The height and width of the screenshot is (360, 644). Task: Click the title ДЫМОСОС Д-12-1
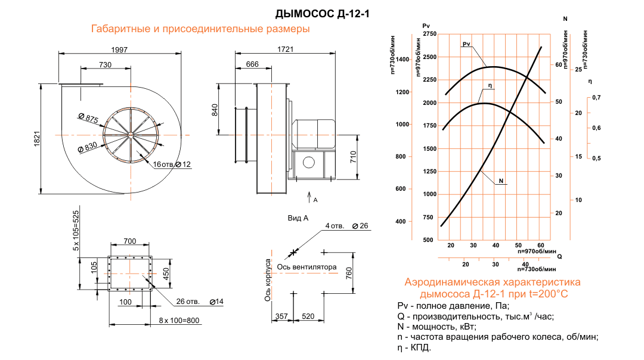(x=322, y=14)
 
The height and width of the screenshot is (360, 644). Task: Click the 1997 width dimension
(x=119, y=49)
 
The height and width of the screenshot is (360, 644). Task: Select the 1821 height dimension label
(x=37, y=139)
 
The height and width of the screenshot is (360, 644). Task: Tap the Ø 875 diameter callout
(x=88, y=118)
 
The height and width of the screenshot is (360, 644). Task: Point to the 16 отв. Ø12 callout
(x=172, y=164)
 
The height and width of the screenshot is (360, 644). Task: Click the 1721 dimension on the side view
(x=286, y=49)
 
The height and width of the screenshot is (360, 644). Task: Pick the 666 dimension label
(x=252, y=64)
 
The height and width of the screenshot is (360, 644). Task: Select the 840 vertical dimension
(x=215, y=110)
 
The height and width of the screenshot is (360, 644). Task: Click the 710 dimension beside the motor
(x=353, y=157)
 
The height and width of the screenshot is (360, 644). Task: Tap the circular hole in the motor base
(x=308, y=163)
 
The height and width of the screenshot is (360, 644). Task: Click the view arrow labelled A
(x=309, y=197)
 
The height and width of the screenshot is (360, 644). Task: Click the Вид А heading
(x=298, y=218)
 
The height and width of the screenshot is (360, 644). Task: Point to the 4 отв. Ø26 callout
(x=346, y=226)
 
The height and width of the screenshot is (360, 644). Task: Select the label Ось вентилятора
(x=306, y=267)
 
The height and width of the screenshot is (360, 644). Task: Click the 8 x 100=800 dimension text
(x=179, y=320)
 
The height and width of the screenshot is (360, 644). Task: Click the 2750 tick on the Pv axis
(x=429, y=34)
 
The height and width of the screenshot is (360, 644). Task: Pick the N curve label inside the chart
(x=501, y=181)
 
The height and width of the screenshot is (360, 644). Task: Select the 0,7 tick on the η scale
(x=596, y=97)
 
